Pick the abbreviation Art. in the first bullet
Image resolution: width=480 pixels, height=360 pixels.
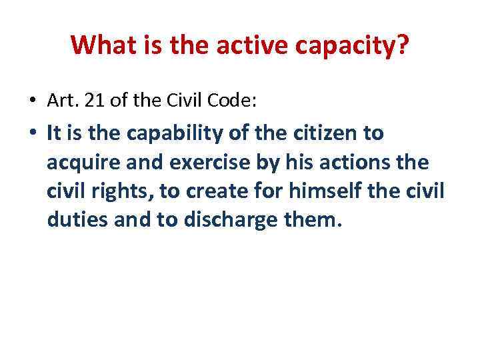(60, 101)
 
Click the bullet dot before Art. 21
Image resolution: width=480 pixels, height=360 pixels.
(32, 101)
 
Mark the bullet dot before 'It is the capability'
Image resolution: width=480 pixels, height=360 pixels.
(32, 134)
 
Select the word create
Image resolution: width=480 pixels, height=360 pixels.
(215, 191)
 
